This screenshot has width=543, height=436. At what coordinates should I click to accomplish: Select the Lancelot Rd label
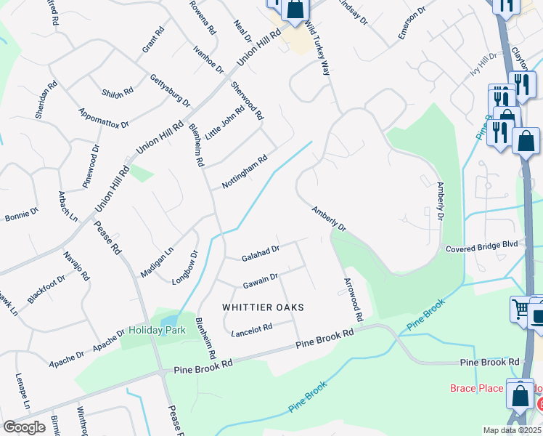[251, 330]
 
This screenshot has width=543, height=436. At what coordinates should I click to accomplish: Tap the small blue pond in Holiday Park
[168, 320]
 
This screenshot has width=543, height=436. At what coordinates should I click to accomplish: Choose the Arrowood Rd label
[352, 299]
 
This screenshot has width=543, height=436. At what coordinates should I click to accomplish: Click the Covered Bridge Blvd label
[482, 246]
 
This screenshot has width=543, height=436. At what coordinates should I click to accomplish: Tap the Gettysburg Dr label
[169, 91]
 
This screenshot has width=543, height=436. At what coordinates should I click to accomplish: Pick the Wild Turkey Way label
[317, 48]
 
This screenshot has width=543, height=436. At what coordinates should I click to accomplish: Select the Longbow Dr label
[185, 268]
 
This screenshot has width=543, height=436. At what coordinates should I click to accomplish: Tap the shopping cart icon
[520, 308]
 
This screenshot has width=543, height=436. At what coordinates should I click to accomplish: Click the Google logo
[24, 427]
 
